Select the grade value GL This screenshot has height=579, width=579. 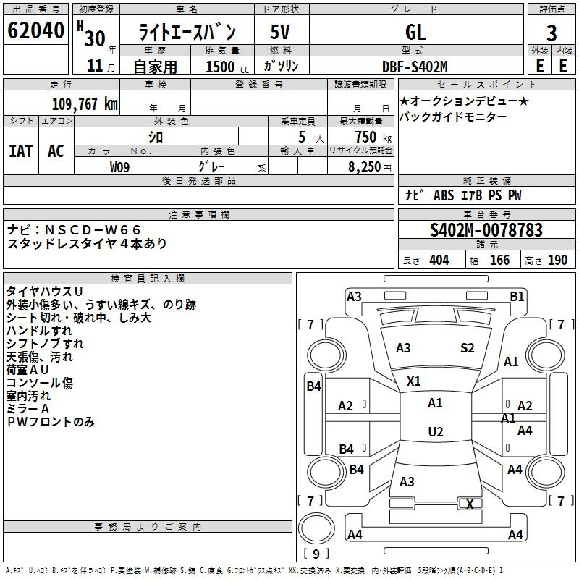[x=415, y=32]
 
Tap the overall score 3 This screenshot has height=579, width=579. [x=551, y=33]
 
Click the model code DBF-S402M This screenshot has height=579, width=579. [x=415, y=66]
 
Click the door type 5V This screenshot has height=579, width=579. [x=281, y=32]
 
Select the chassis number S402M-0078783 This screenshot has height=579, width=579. [x=486, y=230]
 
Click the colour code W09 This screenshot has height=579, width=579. [x=120, y=166]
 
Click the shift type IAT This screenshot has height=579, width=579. [x=20, y=151]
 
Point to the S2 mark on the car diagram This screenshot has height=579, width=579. [x=468, y=348]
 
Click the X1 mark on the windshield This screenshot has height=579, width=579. [x=414, y=381]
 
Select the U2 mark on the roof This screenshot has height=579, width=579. [x=436, y=432]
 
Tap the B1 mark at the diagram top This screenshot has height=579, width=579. [x=517, y=296]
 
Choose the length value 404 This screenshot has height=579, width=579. [x=439, y=261]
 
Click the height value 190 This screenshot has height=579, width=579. [x=557, y=261]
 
